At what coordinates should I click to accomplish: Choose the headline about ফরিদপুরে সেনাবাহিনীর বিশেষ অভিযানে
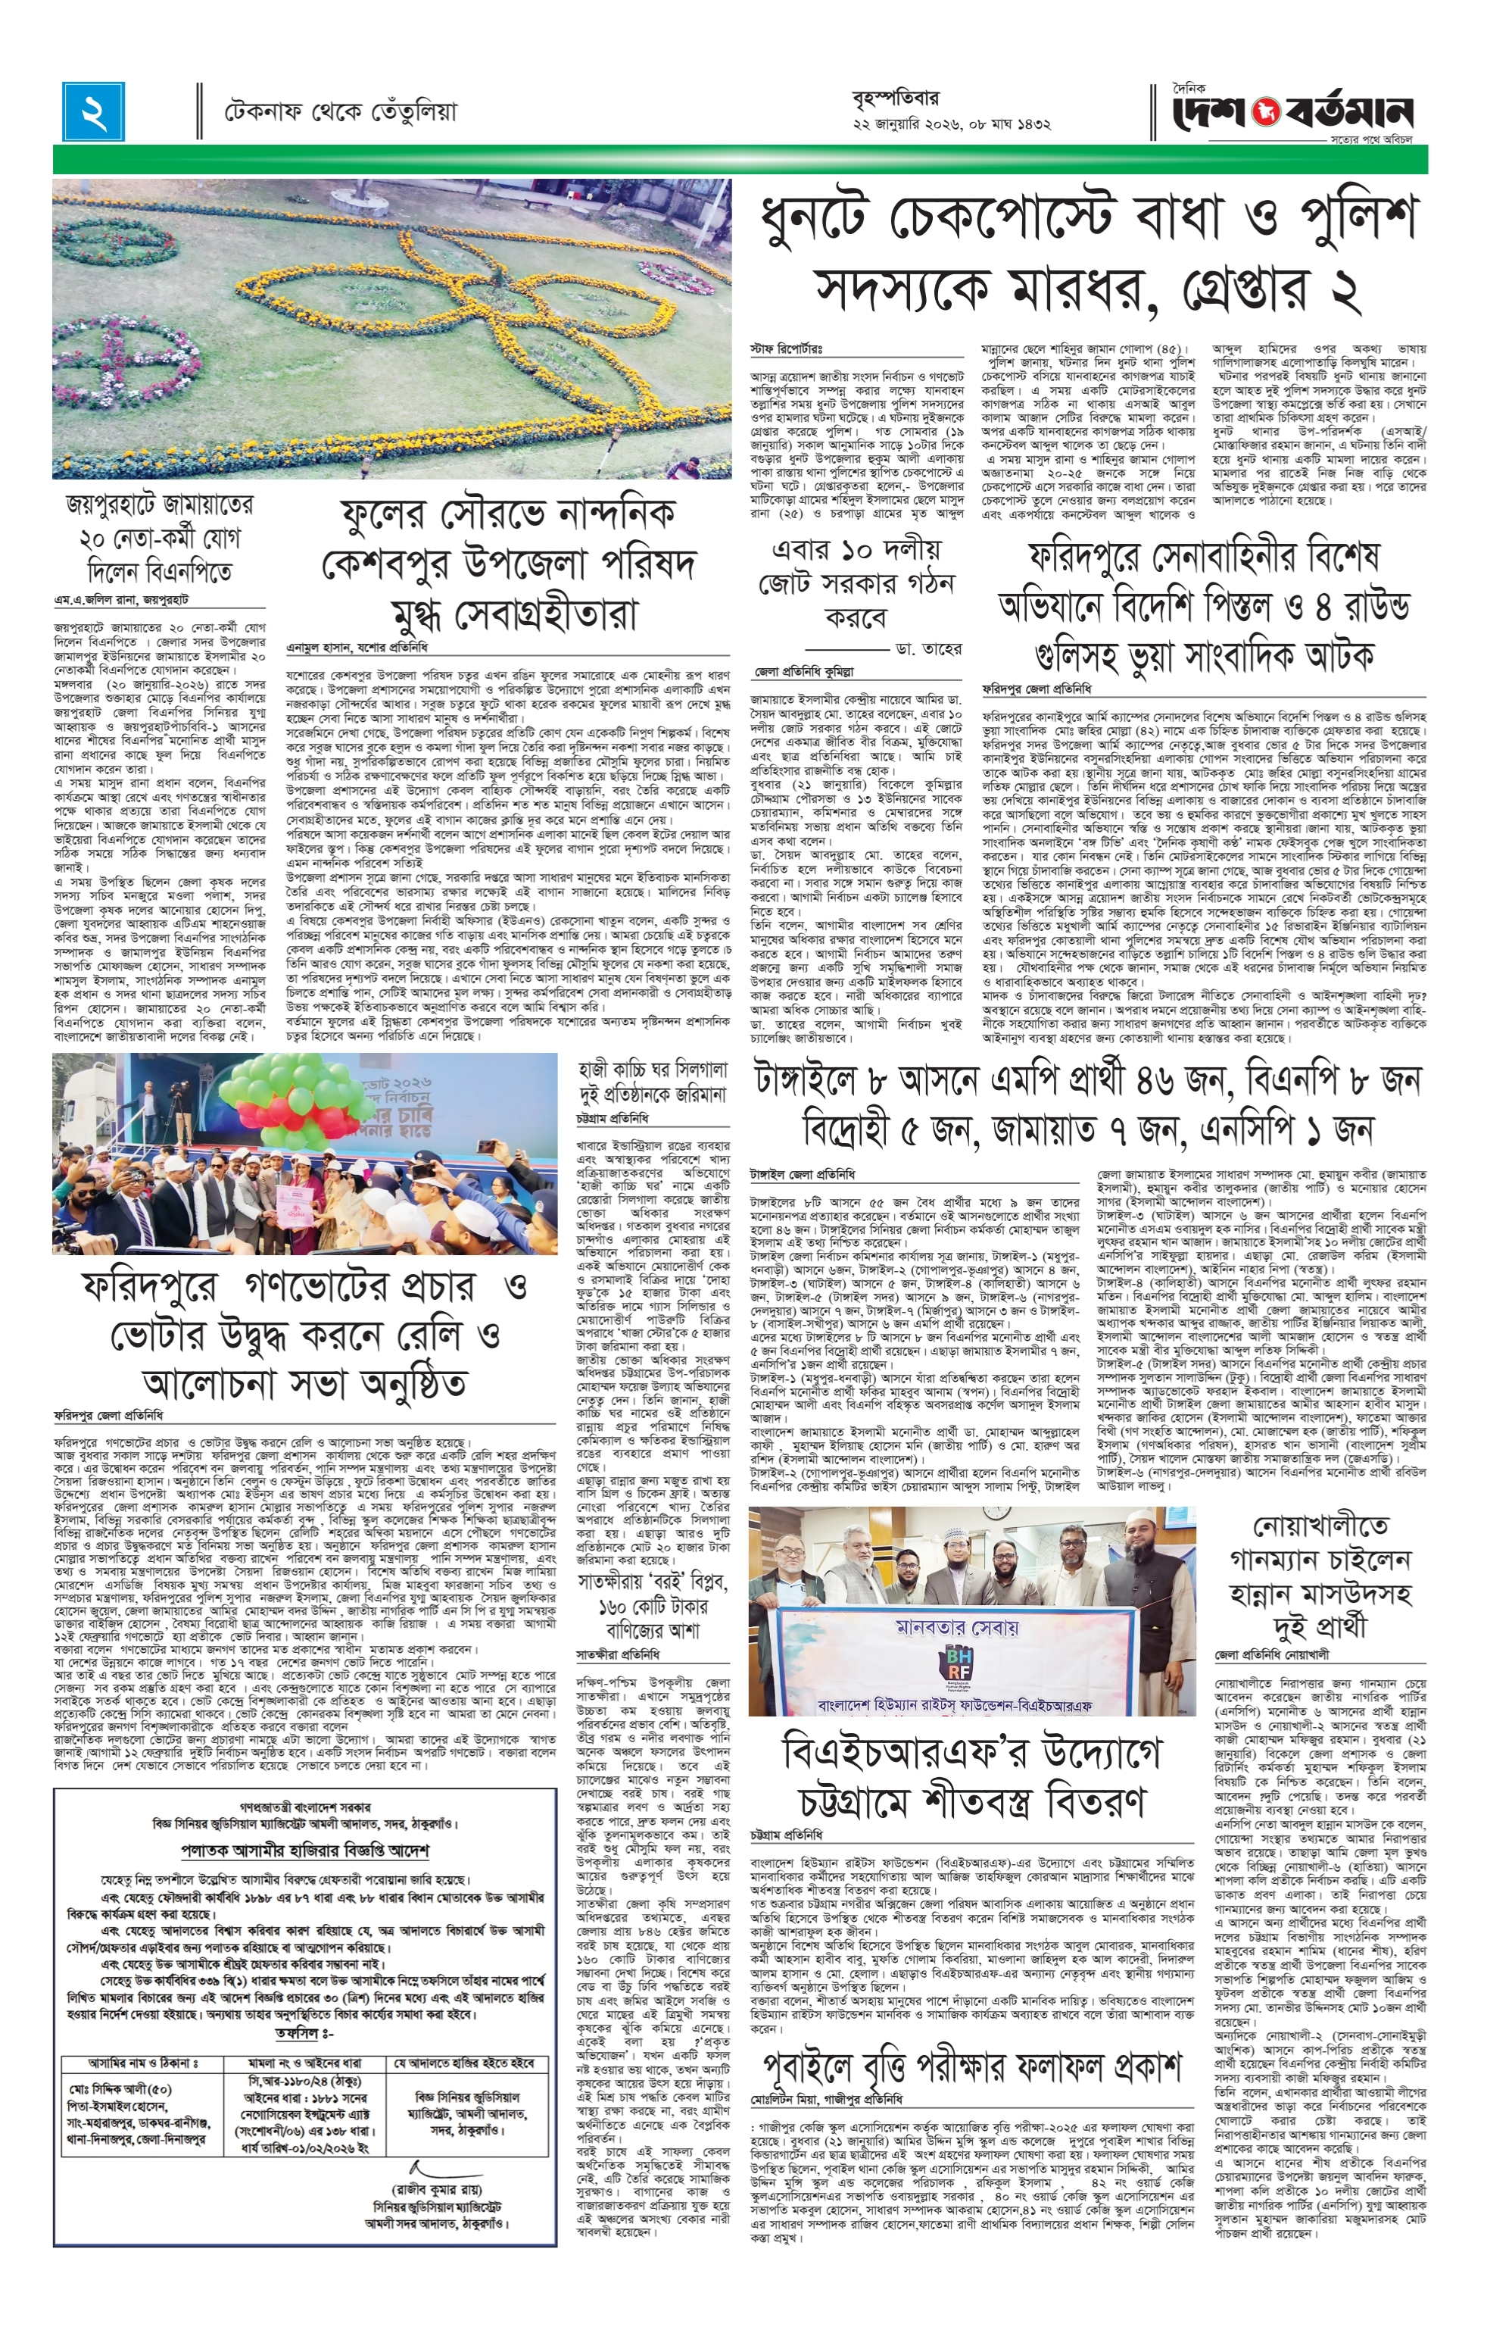(1202, 608)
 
